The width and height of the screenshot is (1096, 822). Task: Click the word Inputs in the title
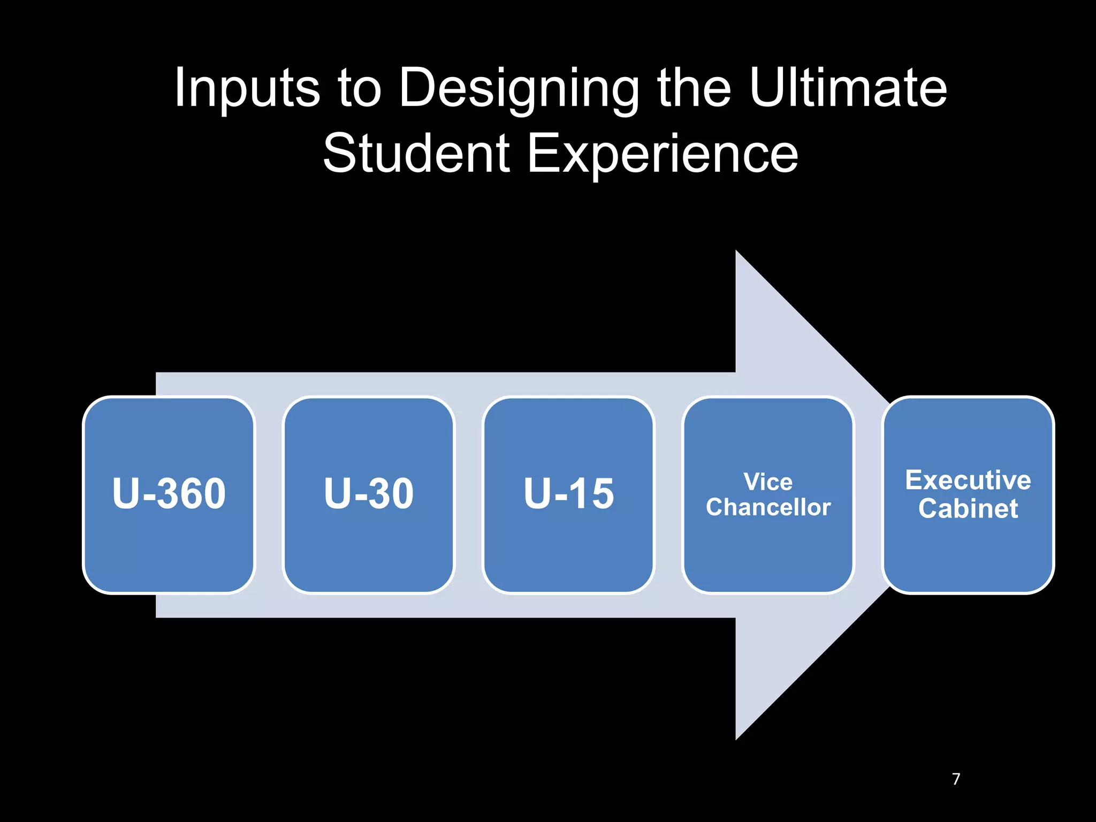coord(247,88)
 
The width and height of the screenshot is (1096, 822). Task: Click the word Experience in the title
coord(663,155)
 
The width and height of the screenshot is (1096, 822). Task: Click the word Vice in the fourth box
coord(768,482)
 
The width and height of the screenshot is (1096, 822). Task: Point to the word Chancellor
coord(768,507)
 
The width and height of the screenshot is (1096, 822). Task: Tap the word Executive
coord(968,480)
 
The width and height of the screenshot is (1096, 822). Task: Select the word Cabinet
coord(968,508)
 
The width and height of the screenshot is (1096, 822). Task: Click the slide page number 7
coord(956,779)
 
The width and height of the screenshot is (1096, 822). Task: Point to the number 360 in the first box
coord(192,493)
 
